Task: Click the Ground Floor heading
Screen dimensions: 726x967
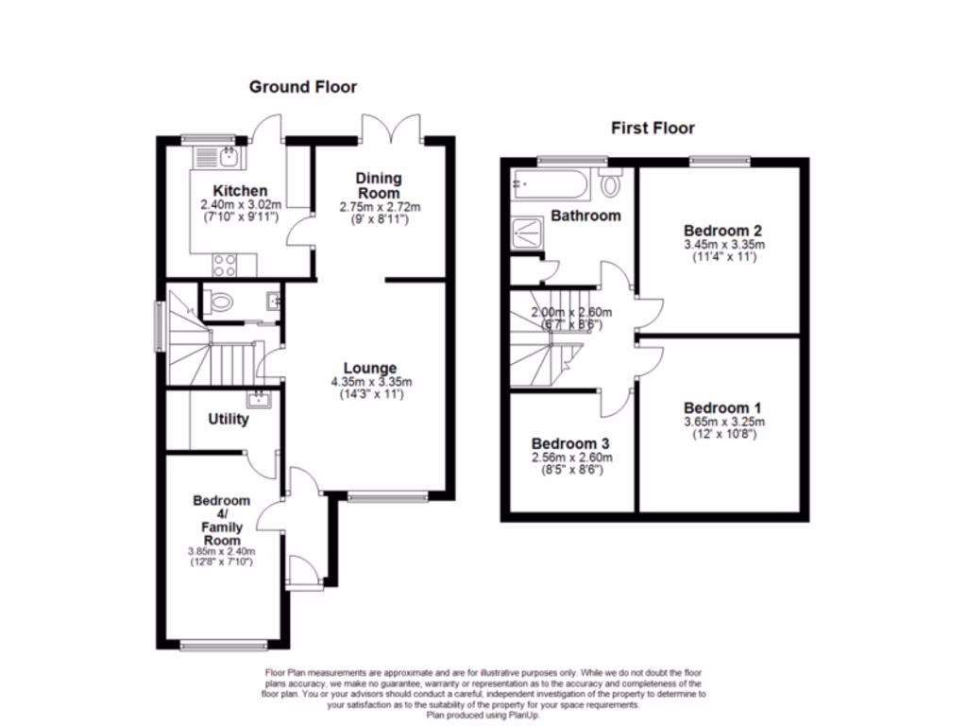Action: (303, 87)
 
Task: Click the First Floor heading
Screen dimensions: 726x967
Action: (653, 128)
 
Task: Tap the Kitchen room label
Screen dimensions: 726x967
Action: (239, 191)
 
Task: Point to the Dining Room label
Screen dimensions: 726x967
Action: (379, 184)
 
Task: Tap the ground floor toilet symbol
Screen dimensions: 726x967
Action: (220, 303)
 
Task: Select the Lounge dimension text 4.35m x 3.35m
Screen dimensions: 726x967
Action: (370, 382)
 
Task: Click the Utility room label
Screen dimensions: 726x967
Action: (229, 419)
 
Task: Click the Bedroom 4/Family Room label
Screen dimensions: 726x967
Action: (222, 520)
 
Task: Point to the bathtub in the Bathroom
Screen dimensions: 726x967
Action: (552, 181)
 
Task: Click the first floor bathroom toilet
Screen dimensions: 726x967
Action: (611, 183)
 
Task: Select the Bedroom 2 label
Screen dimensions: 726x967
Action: (723, 230)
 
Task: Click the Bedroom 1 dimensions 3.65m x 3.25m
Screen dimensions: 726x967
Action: (724, 422)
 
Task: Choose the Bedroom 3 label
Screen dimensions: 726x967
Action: (569, 443)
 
